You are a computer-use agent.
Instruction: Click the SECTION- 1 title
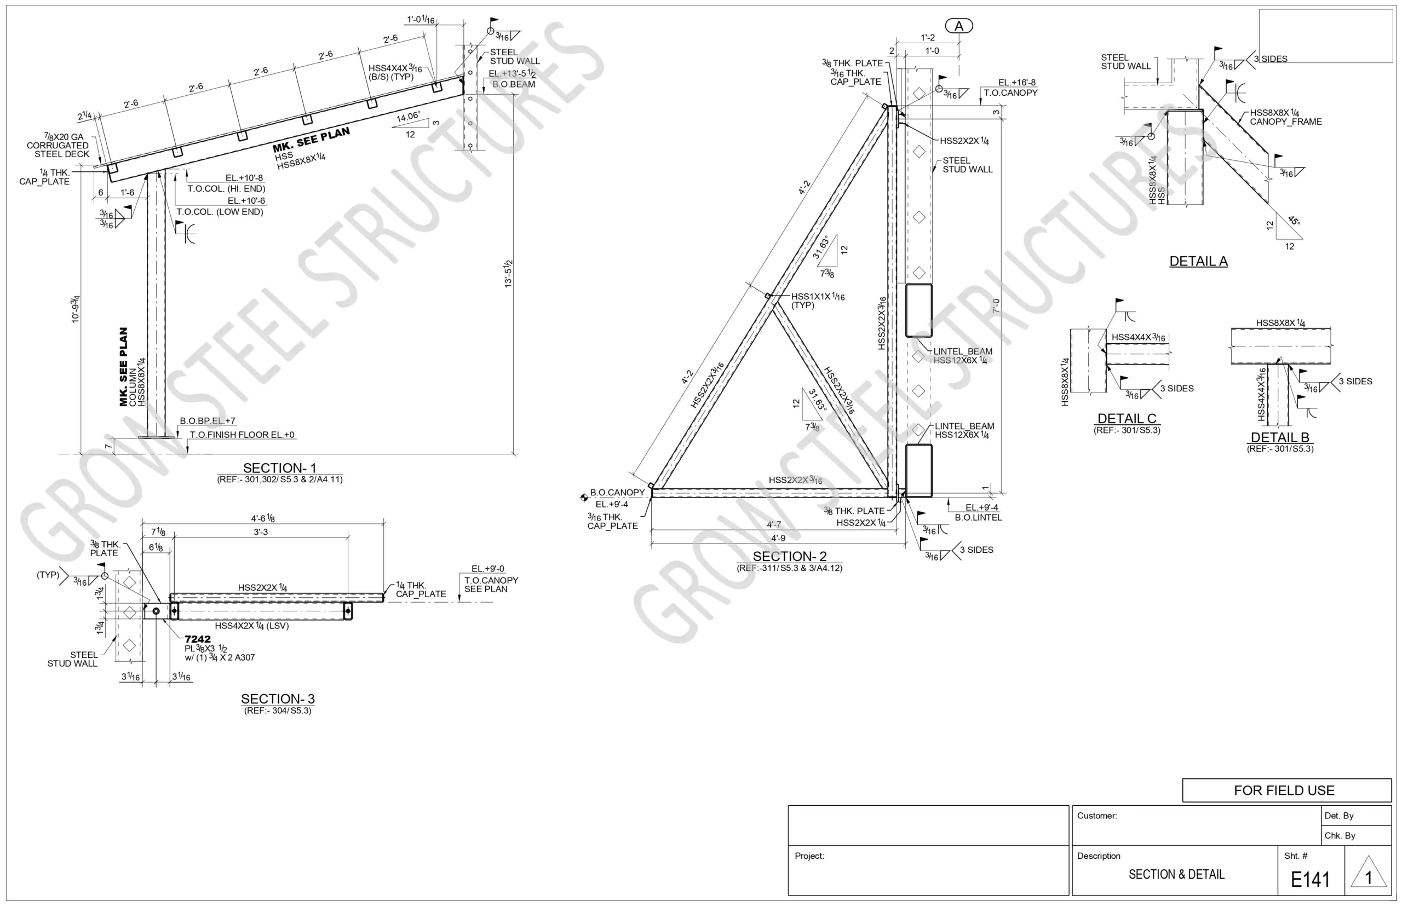point(279,467)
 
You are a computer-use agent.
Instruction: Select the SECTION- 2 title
point(789,556)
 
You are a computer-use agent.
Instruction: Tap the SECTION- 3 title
point(278,698)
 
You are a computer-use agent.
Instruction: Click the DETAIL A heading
point(1198,261)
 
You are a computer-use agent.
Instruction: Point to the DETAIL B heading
point(1279,437)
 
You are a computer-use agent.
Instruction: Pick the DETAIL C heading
point(1127,418)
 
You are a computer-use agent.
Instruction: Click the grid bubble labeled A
point(958,26)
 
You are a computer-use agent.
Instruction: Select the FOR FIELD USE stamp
point(1284,790)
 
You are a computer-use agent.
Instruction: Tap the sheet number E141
point(1309,880)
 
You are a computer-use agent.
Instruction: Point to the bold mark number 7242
point(197,639)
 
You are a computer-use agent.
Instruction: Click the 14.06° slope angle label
point(408,117)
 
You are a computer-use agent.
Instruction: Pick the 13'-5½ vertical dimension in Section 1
point(508,273)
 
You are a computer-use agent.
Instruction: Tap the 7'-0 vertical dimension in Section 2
point(996,307)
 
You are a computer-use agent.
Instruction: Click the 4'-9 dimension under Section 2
point(778,538)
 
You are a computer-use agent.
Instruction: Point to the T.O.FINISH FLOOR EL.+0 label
point(242,435)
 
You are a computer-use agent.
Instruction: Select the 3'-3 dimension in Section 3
point(260,532)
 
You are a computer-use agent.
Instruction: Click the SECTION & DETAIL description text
point(1176,875)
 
